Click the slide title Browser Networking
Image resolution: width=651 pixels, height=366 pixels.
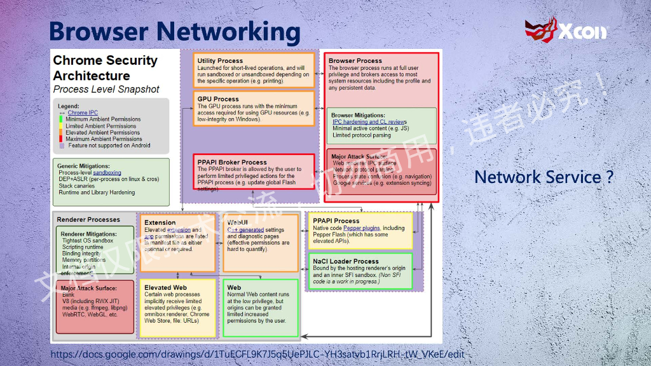[x=174, y=31]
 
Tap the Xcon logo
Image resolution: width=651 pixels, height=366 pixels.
[x=566, y=30]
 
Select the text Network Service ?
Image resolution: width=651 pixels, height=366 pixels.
[x=544, y=177]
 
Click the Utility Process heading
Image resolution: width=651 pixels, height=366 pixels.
[x=220, y=61]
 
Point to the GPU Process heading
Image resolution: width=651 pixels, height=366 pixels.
[x=218, y=99]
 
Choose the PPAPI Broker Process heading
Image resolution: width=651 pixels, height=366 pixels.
[x=232, y=162]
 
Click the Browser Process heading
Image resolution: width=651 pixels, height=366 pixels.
[x=355, y=61]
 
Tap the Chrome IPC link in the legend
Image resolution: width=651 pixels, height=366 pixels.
[x=83, y=113]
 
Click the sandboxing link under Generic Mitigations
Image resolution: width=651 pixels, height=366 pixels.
[x=107, y=172]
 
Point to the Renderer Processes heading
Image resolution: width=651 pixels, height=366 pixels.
[x=88, y=220]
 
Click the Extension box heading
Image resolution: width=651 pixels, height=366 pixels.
[x=160, y=222]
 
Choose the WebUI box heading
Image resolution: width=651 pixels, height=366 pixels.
[x=237, y=222]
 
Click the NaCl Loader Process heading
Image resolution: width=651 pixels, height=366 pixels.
[x=346, y=261]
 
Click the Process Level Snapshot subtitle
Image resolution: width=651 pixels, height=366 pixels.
[x=106, y=90]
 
